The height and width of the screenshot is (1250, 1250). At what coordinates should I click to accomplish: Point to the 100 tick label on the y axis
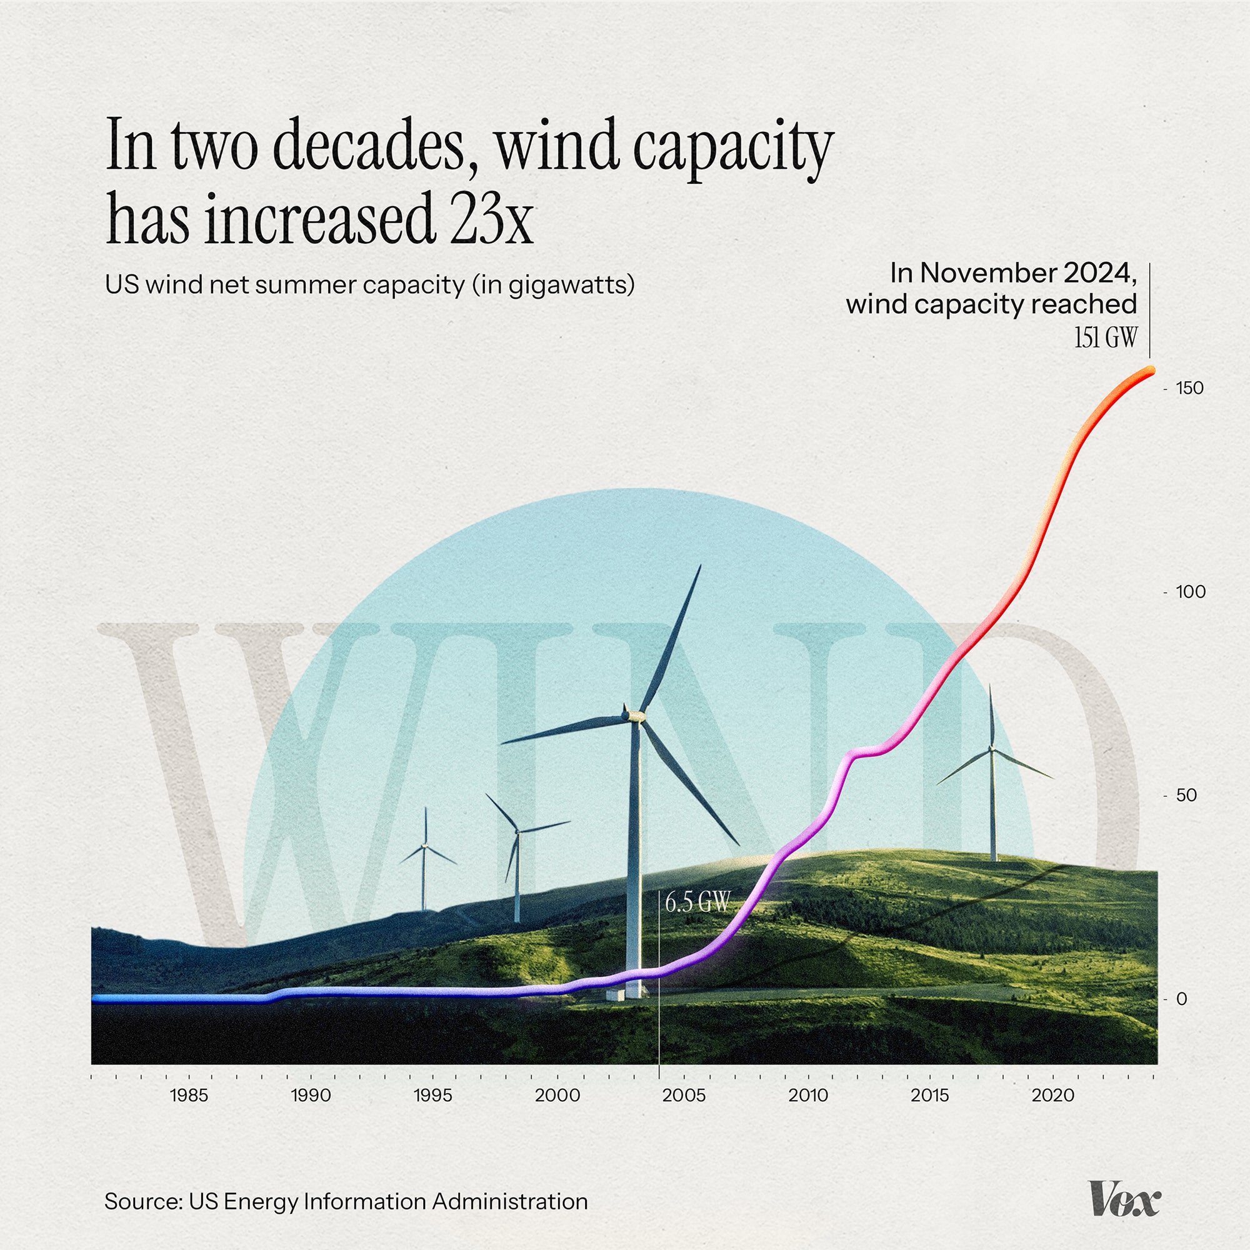tap(1191, 591)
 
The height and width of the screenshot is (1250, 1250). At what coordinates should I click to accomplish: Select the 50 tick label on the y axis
tap(1187, 795)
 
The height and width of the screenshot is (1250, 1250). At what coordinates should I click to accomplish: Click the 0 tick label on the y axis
tap(1181, 999)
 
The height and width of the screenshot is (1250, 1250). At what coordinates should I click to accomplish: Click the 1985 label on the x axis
tap(189, 1096)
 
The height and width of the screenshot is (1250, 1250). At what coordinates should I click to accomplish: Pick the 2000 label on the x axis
tap(557, 1096)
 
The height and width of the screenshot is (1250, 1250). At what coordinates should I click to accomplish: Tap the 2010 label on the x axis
tap(808, 1096)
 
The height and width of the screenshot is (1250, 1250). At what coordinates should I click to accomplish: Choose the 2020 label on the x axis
tap(1052, 1096)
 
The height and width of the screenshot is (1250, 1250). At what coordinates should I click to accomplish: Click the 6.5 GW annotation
tap(697, 902)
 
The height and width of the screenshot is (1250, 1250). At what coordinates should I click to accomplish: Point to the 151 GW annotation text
tap(1105, 337)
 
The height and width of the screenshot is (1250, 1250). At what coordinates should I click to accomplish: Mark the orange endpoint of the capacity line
tap(1150, 371)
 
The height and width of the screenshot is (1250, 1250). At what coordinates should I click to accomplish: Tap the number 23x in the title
tap(492, 218)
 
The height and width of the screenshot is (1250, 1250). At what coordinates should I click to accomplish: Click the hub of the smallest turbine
tap(425, 846)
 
